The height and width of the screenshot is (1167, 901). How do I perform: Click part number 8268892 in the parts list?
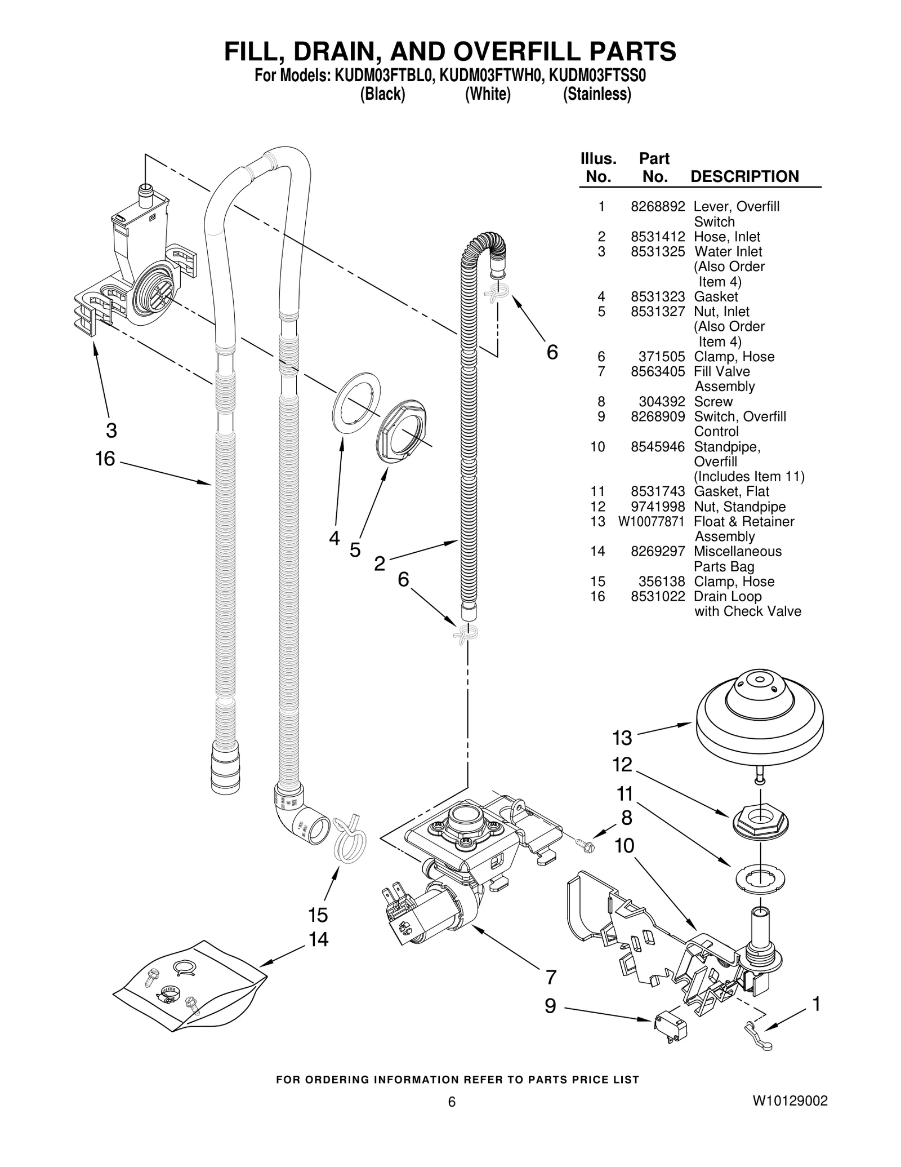[657, 207]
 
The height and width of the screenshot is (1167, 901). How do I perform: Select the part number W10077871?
[651, 522]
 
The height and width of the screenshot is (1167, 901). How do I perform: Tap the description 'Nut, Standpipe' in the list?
[739, 507]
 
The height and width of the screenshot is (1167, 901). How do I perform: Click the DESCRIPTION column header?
[744, 176]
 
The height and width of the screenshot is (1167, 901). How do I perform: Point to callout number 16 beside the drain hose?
[105, 459]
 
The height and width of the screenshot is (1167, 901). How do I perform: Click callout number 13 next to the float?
[622, 738]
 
